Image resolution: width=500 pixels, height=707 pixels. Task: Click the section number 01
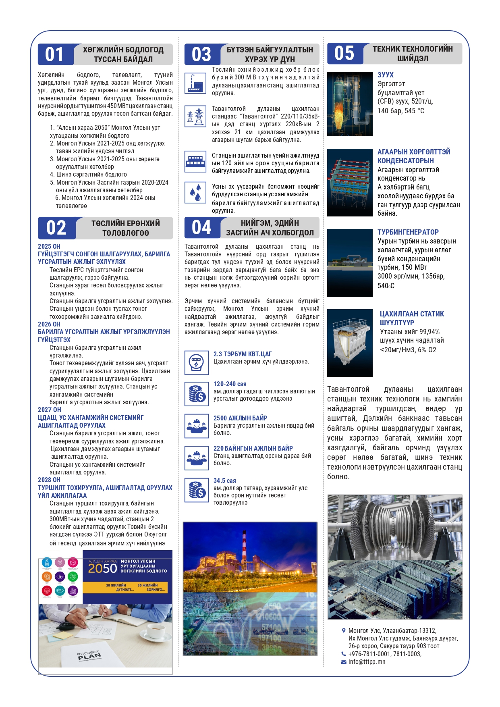[54, 54]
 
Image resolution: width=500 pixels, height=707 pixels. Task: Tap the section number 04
[201, 227]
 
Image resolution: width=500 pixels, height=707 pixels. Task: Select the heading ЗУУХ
[385, 75]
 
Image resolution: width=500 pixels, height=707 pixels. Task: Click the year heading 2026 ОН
[49, 324]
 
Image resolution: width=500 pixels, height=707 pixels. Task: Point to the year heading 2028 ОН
[49, 480]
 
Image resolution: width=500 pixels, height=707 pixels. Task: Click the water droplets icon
[195, 192]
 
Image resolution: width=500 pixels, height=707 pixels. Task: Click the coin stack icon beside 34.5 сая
[197, 490]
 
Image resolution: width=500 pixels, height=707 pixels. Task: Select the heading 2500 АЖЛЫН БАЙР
[240, 418]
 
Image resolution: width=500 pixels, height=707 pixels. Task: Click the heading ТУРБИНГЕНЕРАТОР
[408, 232]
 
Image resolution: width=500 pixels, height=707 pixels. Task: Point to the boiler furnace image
[350, 104]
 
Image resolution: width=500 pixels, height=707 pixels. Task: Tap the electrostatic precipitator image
[350, 343]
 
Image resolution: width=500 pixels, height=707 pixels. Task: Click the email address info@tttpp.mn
[367, 661]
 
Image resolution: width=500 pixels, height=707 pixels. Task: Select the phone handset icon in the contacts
[344, 654]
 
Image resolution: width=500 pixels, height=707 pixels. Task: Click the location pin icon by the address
[344, 630]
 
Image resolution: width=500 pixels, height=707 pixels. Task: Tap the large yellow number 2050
[102, 568]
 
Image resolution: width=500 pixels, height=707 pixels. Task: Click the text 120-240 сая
[230, 384]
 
